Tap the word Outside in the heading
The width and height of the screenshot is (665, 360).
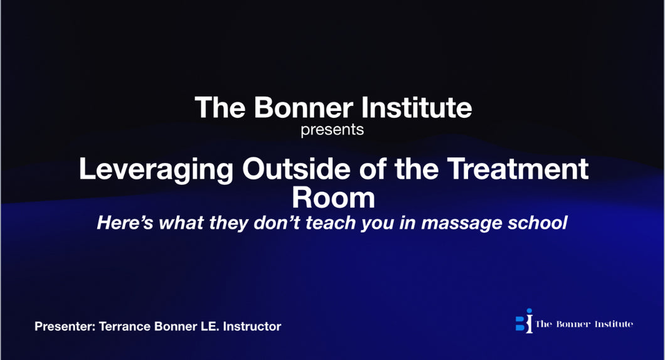tap(296, 169)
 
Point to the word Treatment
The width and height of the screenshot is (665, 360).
tap(518, 169)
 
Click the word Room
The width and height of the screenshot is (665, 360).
tap(333, 198)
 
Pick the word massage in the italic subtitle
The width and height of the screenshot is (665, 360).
tap(461, 223)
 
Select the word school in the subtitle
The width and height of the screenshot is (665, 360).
tap(538, 223)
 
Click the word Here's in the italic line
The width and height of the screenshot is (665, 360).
tap(125, 223)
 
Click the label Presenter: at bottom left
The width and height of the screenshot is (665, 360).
tap(65, 327)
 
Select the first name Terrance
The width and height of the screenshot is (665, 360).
tap(125, 327)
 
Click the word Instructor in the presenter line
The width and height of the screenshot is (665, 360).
tap(252, 327)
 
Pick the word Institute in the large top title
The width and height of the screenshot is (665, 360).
tap(417, 107)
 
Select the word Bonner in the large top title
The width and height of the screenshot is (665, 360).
tap(303, 107)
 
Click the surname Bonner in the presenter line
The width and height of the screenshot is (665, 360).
tap(176, 327)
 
